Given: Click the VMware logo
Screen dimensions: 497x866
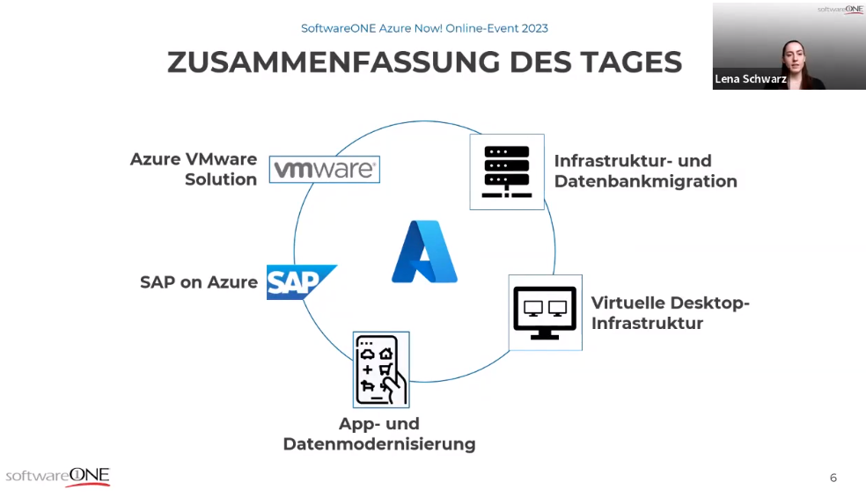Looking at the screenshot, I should click(325, 169).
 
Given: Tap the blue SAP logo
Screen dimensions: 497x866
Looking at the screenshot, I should click(299, 281).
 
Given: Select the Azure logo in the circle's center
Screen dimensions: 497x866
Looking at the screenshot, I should click(424, 252).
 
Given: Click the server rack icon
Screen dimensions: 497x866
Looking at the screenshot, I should click(506, 172).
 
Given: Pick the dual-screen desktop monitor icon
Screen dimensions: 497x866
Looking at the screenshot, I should click(545, 312).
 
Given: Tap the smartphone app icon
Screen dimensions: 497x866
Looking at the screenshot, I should click(381, 369).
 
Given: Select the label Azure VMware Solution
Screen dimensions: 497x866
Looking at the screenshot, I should click(194, 169).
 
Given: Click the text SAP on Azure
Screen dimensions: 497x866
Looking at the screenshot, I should click(199, 282).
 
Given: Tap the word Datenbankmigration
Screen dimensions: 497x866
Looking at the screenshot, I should click(645, 182).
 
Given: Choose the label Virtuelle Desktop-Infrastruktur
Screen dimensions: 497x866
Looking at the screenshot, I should click(670, 312).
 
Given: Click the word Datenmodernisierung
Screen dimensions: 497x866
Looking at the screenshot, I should click(379, 444).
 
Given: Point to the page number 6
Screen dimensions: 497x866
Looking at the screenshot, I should click(833, 478).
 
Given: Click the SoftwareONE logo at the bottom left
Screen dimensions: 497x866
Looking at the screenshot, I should click(58, 476).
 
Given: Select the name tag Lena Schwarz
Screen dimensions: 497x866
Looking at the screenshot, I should click(750, 79).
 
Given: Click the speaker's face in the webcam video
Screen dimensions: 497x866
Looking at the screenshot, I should click(794, 55).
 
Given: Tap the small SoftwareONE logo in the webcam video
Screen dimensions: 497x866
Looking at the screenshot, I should click(840, 10).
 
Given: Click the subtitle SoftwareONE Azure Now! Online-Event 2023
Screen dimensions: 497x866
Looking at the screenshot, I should click(424, 28).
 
